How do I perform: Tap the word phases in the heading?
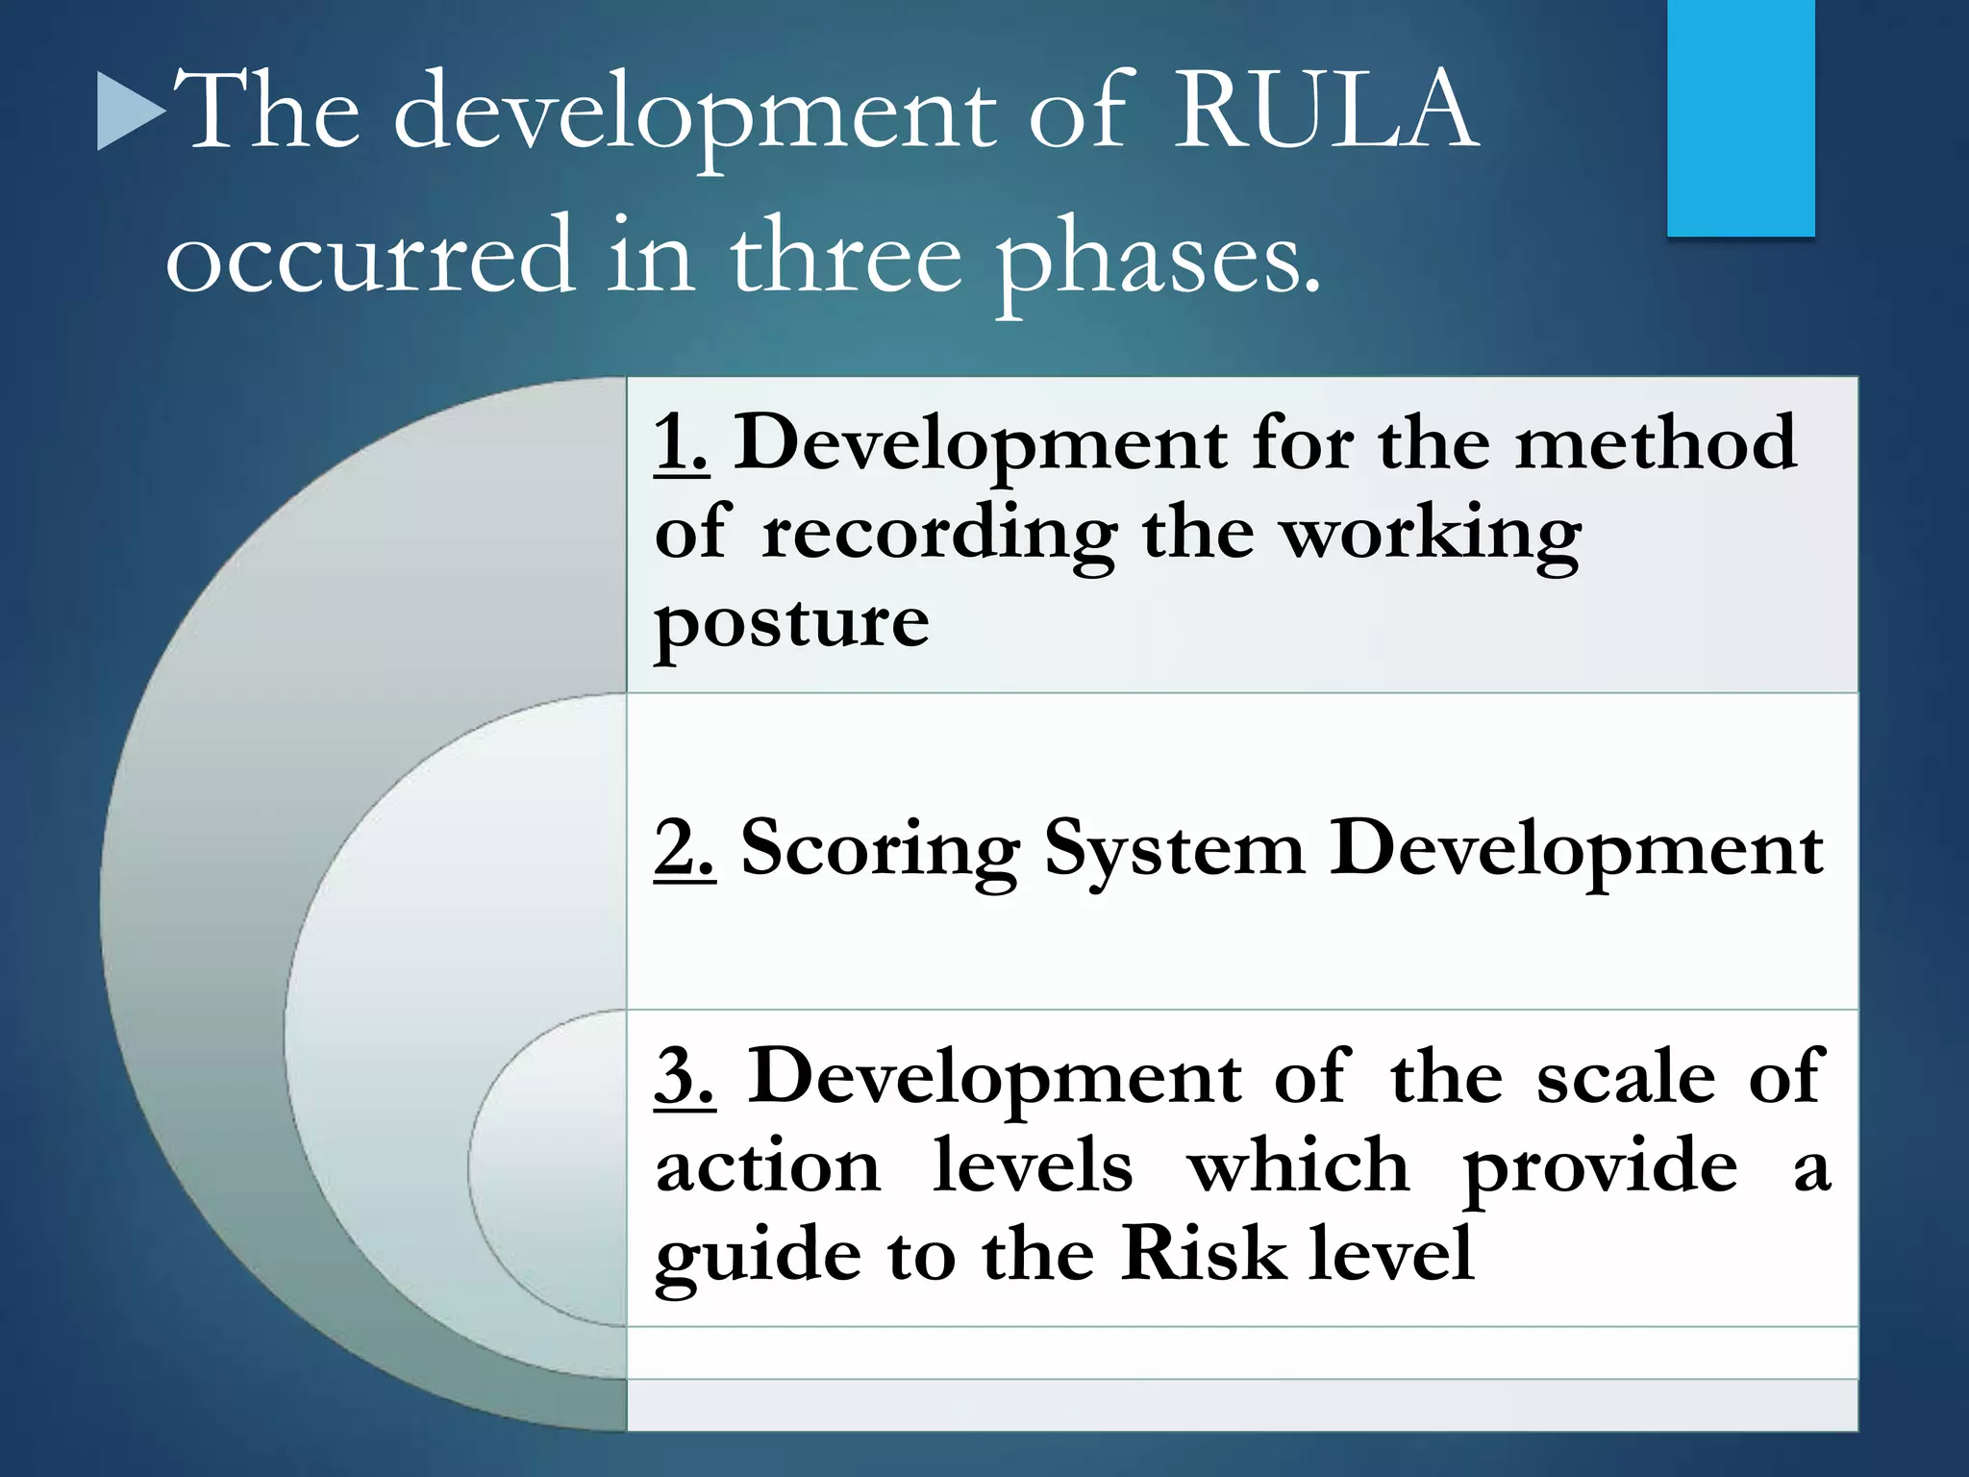pyautogui.click(x=1159, y=258)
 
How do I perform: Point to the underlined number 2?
pyautogui.click(x=685, y=848)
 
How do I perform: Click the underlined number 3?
pyautogui.click(x=685, y=1076)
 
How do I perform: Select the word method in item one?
pyautogui.click(x=1655, y=442)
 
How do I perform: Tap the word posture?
pyautogui.click(x=791, y=623)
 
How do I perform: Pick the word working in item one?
pyautogui.click(x=1433, y=535)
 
